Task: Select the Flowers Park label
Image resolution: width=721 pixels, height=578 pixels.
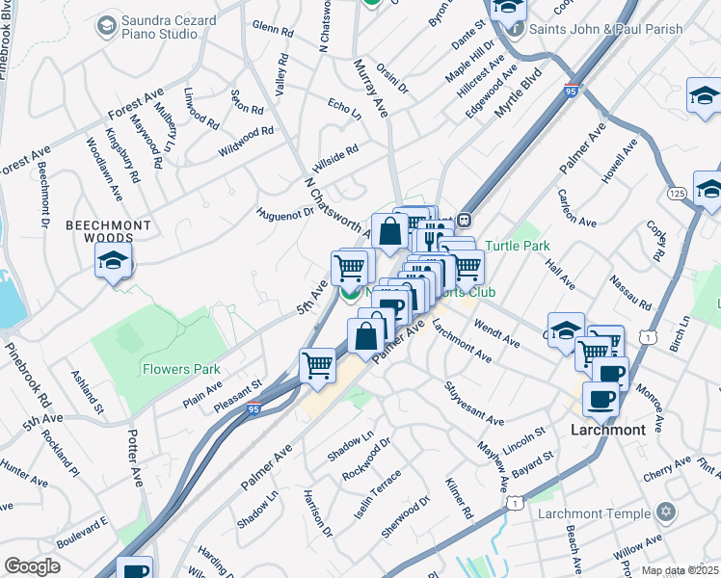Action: click(x=181, y=369)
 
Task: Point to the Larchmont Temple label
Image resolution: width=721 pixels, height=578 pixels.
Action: click(x=594, y=513)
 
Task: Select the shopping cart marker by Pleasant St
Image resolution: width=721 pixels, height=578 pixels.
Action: click(x=317, y=366)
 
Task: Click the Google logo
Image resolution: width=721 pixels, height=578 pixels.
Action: click(x=32, y=566)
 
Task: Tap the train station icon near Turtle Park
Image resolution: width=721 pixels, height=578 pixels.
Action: click(x=464, y=220)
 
